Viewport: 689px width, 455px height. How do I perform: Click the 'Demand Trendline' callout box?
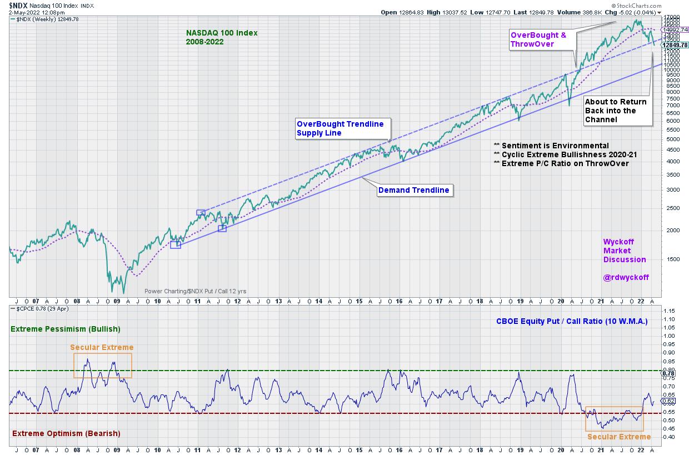pyautogui.click(x=413, y=191)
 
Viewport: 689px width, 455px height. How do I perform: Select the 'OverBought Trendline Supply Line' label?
pyautogui.click(x=340, y=128)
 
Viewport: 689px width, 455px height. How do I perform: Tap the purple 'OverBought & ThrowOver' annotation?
pyautogui.click(x=538, y=39)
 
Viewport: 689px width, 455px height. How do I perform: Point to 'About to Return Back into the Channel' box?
pyautogui.click(x=616, y=111)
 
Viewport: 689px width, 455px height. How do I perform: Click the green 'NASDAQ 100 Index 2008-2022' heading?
pyautogui.click(x=222, y=37)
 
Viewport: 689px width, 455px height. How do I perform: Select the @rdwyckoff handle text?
pyautogui.click(x=626, y=277)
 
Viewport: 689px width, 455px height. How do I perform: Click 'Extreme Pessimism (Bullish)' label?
pyautogui.click(x=66, y=329)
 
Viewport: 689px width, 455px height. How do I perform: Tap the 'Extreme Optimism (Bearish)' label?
pyautogui.click(x=66, y=433)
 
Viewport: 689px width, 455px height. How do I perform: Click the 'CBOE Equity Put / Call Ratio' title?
pyautogui.click(x=572, y=321)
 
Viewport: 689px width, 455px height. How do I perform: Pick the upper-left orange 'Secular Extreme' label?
pyautogui.click(x=102, y=347)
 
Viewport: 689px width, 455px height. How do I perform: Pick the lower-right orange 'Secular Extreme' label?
pyautogui.click(x=618, y=437)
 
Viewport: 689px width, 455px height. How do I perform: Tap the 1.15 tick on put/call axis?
pyautogui.click(x=669, y=310)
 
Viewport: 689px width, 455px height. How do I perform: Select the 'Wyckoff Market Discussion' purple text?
pyautogui.click(x=625, y=251)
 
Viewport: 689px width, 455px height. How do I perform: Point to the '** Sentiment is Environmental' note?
pyautogui.click(x=551, y=146)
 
